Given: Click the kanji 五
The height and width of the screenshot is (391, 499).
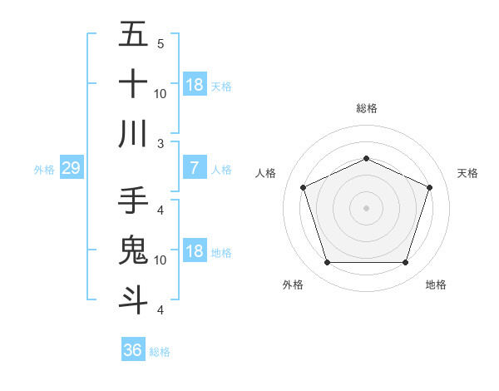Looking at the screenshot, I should [x=133, y=35].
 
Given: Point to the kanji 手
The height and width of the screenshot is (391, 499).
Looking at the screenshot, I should [x=133, y=200].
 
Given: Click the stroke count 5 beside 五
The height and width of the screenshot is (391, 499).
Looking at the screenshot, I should [x=161, y=43].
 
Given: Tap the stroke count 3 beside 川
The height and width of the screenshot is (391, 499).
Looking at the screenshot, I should [x=161, y=143].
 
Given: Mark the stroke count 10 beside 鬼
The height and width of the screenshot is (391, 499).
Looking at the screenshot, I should [x=161, y=260].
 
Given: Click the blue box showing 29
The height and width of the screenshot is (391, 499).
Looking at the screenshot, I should [x=71, y=169].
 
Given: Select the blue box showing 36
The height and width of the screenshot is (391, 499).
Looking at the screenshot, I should [x=132, y=350].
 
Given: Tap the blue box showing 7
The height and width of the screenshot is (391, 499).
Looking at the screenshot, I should [x=194, y=169].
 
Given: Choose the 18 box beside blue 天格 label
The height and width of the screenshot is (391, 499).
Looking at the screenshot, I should [x=194, y=85].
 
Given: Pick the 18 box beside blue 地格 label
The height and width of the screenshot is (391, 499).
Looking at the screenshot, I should [x=194, y=252].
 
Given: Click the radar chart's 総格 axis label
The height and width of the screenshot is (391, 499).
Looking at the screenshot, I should [x=366, y=108].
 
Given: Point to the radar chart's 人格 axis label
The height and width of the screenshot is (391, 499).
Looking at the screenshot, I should [x=266, y=173].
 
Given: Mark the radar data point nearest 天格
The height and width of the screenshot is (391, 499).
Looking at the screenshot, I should [x=429, y=187].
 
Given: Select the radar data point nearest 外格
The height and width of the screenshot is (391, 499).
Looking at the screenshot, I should [x=327, y=263].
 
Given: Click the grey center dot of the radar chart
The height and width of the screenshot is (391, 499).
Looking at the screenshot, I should [x=366, y=208].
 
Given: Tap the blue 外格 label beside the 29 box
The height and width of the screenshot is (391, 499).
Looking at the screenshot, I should [x=44, y=170].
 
